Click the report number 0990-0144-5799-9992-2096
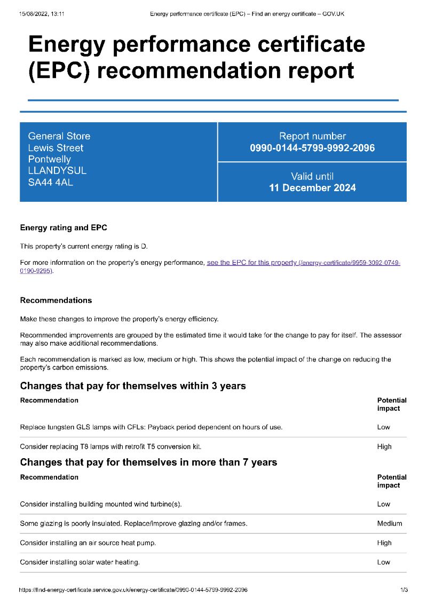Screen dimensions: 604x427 click(x=312, y=148)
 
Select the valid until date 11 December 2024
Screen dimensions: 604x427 click(x=312, y=188)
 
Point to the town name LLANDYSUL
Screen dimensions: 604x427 click(x=57, y=171)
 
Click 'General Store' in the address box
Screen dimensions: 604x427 click(x=59, y=136)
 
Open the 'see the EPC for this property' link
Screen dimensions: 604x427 click(x=251, y=263)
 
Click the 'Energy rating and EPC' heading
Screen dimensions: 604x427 click(x=64, y=228)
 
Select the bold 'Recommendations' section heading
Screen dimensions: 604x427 click(x=56, y=300)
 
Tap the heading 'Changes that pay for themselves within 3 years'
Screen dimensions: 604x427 click(x=133, y=386)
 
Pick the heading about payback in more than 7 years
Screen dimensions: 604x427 click(x=148, y=462)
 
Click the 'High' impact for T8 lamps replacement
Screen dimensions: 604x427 click(x=384, y=446)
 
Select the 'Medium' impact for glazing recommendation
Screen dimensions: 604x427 click(x=390, y=523)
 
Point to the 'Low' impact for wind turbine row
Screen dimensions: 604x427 click(x=384, y=504)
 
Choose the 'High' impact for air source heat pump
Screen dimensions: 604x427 click(x=384, y=543)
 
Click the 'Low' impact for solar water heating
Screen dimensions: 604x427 click(x=384, y=562)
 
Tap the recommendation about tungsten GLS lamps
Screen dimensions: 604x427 click(x=151, y=427)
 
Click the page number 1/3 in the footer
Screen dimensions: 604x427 click(x=404, y=590)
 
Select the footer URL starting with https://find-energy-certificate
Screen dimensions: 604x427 click(x=133, y=590)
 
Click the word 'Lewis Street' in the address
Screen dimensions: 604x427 click(x=56, y=148)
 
